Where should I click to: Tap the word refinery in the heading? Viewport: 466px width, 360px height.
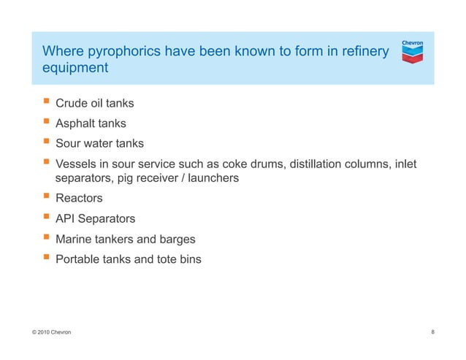363,52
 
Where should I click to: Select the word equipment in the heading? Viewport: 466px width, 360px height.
75,69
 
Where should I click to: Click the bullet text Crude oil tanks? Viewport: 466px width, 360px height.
95,103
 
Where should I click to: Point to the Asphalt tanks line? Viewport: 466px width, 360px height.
91,123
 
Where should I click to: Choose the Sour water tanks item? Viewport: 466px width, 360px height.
99,144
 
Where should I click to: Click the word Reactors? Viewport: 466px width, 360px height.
79,198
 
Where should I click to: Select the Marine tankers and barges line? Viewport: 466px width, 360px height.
126,239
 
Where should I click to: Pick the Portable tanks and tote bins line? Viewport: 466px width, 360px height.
128,259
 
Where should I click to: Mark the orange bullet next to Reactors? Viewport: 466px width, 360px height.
46,197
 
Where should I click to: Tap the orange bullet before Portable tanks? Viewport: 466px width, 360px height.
46,258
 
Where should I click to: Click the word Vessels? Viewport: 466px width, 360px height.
76,164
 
